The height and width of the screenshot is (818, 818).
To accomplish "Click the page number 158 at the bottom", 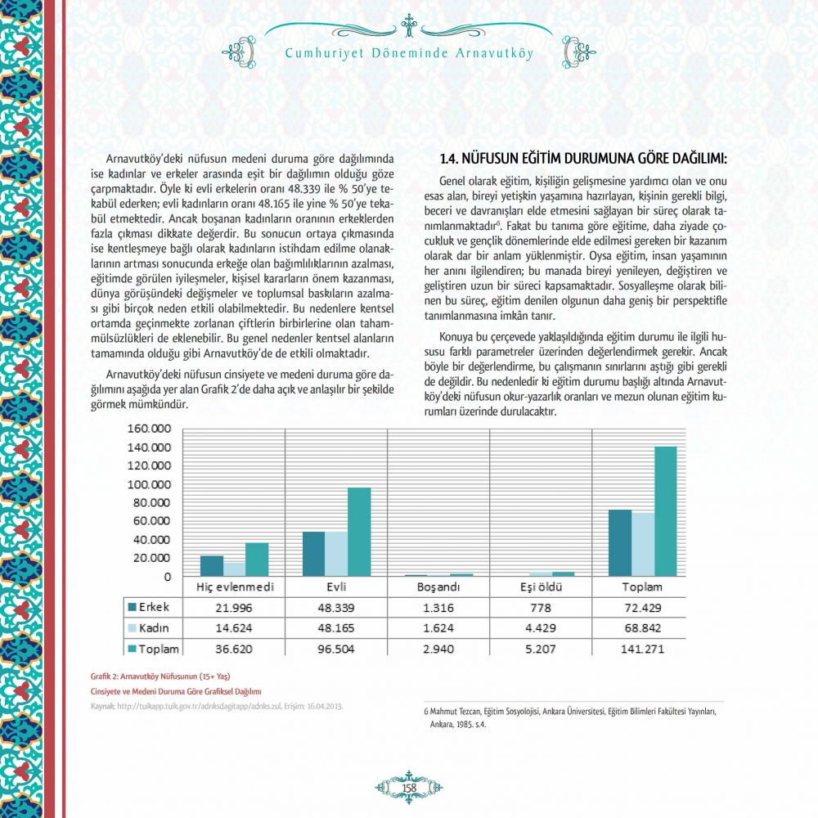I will (409, 787).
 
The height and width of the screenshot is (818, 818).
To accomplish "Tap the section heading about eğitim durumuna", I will (583, 158).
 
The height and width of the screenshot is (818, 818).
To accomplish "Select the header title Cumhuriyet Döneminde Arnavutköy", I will (409, 54).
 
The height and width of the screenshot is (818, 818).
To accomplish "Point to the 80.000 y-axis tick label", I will (151, 502).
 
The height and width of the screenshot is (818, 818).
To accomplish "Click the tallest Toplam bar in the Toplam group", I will (665, 511).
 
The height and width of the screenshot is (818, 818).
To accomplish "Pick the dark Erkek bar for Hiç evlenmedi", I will (212, 566).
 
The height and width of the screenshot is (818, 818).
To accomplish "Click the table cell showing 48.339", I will (337, 608).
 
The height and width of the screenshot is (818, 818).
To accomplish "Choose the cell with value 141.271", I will (642, 649).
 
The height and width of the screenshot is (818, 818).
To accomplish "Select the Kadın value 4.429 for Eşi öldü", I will (540, 628).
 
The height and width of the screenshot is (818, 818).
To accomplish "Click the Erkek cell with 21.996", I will (234, 608).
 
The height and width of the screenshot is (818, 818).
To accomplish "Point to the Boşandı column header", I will (438, 587).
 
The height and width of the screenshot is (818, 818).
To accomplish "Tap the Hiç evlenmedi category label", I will (234, 587).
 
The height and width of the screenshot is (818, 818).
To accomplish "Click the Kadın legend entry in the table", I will (149, 628).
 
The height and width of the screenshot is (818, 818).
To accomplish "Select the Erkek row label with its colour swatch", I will (149, 608).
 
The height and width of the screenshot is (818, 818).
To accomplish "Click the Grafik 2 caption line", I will (160, 676).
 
